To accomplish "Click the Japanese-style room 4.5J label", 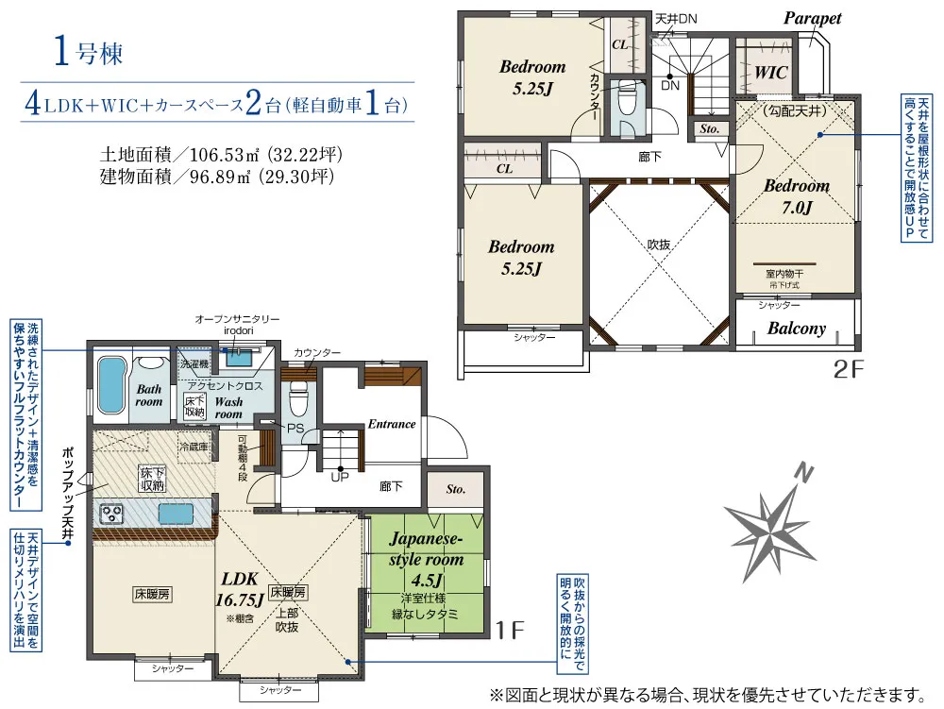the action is click(x=427, y=559).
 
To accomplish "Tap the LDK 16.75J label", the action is click(x=240, y=588).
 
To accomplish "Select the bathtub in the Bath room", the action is click(x=110, y=386).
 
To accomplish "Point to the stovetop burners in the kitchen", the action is click(x=110, y=514).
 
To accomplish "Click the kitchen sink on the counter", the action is click(x=176, y=514).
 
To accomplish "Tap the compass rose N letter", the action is click(x=803, y=474).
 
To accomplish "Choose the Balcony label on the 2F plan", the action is click(x=796, y=328).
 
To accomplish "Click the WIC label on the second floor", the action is click(x=770, y=73).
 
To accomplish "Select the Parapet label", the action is click(x=812, y=18).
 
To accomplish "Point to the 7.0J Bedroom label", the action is click(x=797, y=196).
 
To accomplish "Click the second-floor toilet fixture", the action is click(x=628, y=95).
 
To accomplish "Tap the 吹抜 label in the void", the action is click(x=659, y=245).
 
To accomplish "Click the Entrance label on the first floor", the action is click(x=392, y=424).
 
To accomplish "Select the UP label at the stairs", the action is click(x=340, y=478).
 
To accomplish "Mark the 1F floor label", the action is click(x=510, y=630).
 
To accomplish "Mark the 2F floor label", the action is click(x=849, y=369).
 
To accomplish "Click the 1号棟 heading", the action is click(x=88, y=52).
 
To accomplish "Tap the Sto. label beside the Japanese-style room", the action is click(x=456, y=489).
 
